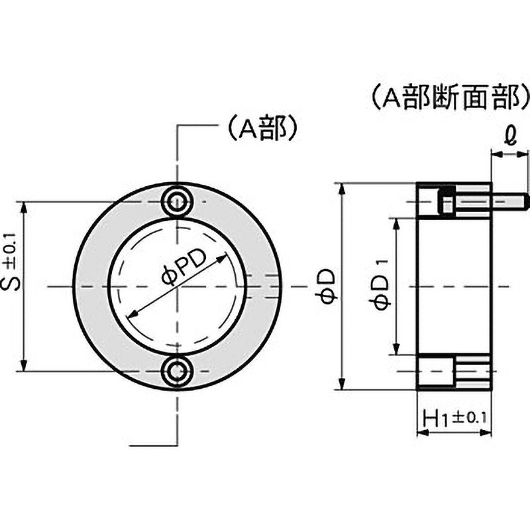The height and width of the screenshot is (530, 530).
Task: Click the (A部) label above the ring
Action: [x=260, y=129]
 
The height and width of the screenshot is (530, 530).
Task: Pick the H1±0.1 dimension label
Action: [x=455, y=417]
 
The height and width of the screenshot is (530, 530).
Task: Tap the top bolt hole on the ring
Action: [x=178, y=199]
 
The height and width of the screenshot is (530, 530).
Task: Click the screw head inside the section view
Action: [x=447, y=201]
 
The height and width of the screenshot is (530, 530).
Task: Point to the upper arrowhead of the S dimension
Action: [x=25, y=206]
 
